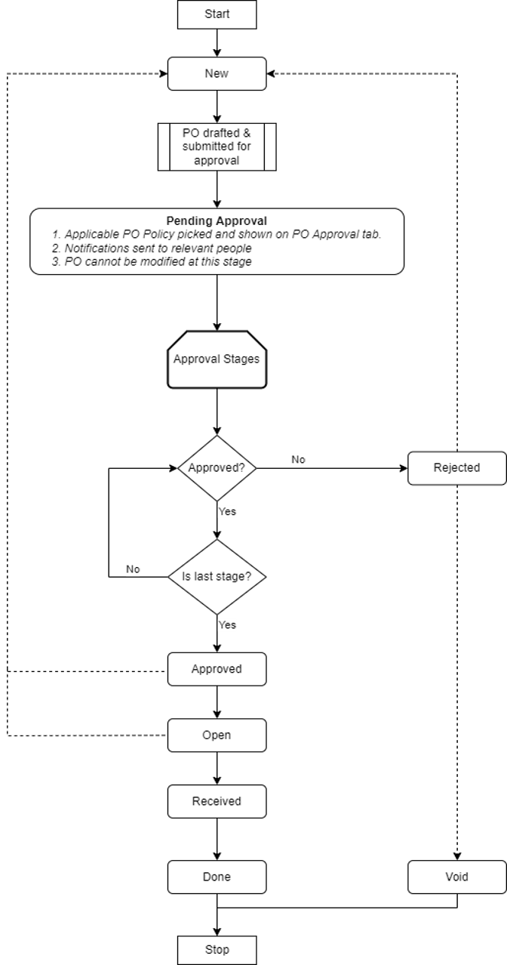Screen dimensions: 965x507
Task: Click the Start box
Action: click(217, 14)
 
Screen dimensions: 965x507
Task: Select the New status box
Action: click(217, 73)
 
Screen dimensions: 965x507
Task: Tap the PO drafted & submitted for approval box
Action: click(217, 146)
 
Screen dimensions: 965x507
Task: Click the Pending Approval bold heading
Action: click(217, 221)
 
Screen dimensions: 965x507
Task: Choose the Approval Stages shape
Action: click(217, 359)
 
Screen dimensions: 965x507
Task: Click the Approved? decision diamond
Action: click(217, 467)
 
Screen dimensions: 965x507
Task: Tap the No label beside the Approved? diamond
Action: click(299, 459)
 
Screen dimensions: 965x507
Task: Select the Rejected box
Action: click(456, 467)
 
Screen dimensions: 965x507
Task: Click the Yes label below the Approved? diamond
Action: click(227, 511)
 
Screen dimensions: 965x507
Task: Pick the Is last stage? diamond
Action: click(217, 577)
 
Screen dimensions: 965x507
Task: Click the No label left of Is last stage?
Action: click(133, 569)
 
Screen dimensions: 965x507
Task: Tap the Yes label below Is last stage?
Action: click(227, 624)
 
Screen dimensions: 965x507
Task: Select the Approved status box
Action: click(217, 669)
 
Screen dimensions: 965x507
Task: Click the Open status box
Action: click(217, 735)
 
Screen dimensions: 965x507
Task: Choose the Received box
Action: click(217, 801)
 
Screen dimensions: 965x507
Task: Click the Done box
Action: click(217, 877)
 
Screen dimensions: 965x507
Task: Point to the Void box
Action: click(456, 877)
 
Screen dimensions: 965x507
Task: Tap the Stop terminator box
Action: click(217, 949)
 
